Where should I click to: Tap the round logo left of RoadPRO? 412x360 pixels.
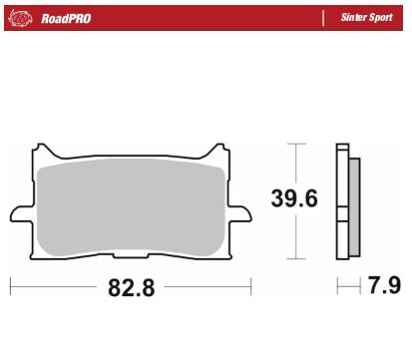(x=24, y=18)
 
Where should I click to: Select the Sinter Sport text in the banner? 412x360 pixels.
(x=366, y=18)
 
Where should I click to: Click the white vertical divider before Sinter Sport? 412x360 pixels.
(x=323, y=18)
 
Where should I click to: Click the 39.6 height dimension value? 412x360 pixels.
(x=294, y=198)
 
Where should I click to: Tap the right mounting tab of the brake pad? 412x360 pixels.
(x=242, y=213)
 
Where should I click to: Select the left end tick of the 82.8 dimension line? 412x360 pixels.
(x=10, y=288)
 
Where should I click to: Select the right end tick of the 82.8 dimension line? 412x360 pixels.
(x=251, y=288)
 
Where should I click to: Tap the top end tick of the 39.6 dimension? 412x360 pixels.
(x=294, y=144)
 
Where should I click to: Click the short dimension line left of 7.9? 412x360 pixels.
(x=347, y=288)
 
